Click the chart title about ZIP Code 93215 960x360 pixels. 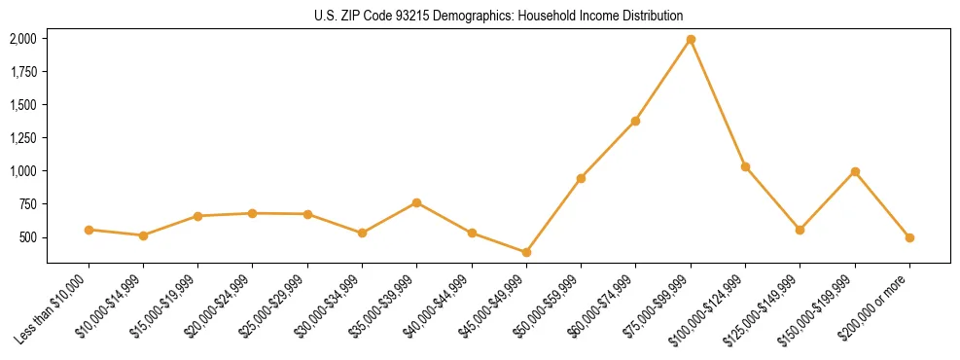498,16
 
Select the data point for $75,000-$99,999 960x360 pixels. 691,40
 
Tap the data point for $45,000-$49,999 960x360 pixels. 526,252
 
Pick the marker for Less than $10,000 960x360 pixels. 89,230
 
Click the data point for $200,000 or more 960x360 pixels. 909,237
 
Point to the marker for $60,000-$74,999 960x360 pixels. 635,121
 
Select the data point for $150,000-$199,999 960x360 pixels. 855,171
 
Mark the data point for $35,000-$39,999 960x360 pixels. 416,202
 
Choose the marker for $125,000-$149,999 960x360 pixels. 800,230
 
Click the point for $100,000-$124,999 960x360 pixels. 745,166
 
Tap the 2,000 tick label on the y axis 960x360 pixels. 23,39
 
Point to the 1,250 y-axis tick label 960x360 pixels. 23,138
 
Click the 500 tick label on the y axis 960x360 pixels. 29,237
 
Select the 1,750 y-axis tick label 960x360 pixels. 23,72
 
